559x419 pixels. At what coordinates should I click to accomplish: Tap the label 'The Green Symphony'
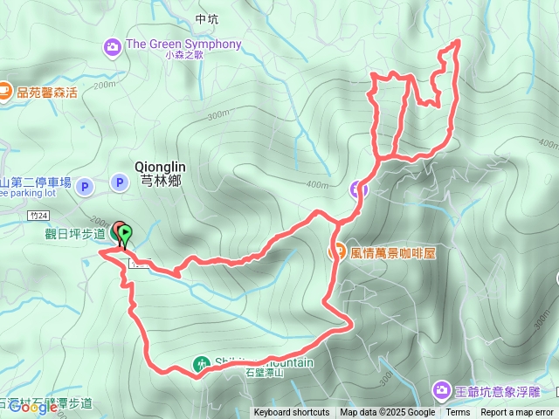[x=183, y=45]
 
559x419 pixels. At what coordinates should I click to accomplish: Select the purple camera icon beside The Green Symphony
[x=114, y=45]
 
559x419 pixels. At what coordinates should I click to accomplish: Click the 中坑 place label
[x=207, y=18]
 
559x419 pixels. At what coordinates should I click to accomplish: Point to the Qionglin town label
[x=158, y=165]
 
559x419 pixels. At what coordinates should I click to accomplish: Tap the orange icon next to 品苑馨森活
[x=4, y=90]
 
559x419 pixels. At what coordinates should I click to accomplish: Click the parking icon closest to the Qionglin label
[x=119, y=182]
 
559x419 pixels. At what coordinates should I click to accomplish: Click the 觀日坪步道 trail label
[x=75, y=233]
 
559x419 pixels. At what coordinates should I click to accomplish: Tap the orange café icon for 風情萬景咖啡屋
[x=336, y=252]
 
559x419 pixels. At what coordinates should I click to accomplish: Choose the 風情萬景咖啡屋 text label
[x=393, y=252]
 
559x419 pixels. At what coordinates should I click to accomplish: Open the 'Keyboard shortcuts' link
[x=292, y=412]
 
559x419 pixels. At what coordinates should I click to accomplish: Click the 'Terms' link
[x=458, y=412]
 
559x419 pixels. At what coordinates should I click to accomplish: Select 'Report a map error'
[x=518, y=412]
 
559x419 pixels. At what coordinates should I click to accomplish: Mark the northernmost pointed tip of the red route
[x=457, y=42]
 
